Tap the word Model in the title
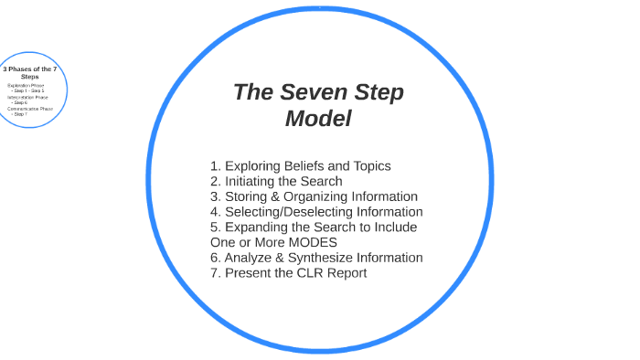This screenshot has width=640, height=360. pyautogui.click(x=318, y=119)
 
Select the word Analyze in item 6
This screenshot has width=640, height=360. pyautogui.click(x=250, y=258)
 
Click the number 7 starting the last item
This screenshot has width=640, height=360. pyautogui.click(x=214, y=273)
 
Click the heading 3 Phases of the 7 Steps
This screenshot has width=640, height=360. pyautogui.click(x=30, y=72)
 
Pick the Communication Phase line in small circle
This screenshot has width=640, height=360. pyautogui.click(x=30, y=109)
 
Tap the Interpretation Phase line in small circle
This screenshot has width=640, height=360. pyautogui.click(x=27, y=97)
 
